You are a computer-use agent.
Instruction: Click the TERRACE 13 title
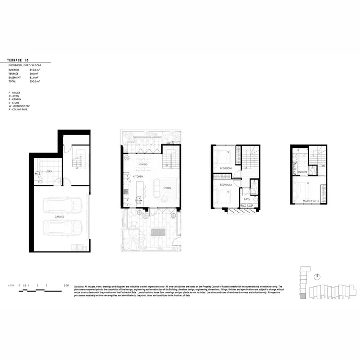coord(22,60)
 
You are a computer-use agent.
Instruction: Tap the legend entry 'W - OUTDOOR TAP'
coord(20,106)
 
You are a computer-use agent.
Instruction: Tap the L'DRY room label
coord(48,171)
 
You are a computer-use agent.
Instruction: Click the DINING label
coord(143,164)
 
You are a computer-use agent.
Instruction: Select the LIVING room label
coord(167,188)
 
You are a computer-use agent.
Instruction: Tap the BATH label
coord(247,199)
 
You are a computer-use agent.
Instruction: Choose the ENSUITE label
coord(302,171)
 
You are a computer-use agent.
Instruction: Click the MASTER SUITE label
coord(311,200)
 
